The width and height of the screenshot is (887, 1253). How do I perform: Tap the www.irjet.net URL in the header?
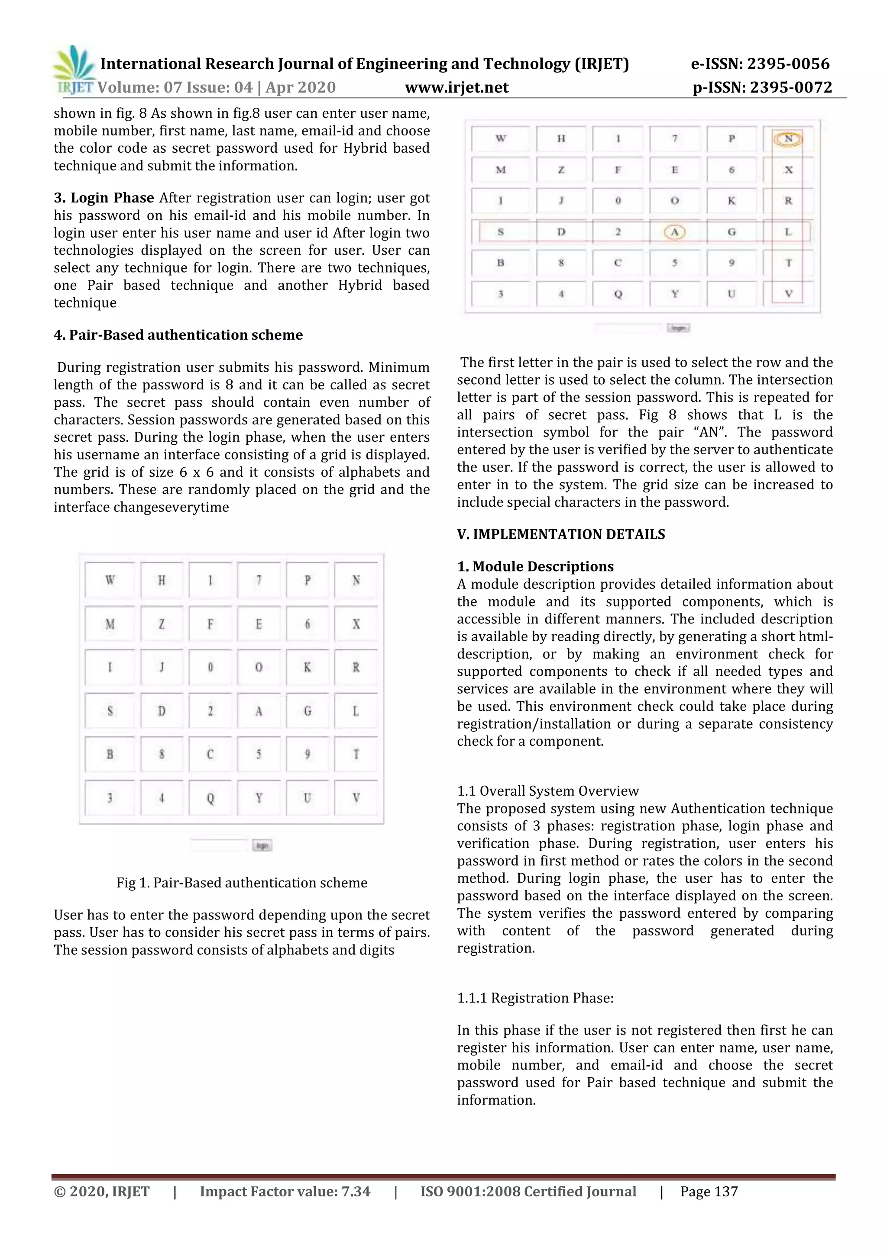(x=456, y=87)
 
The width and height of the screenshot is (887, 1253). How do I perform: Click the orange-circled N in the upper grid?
(x=787, y=138)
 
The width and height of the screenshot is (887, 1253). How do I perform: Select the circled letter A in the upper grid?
(x=674, y=232)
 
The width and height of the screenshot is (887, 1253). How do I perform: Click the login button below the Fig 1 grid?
(x=262, y=845)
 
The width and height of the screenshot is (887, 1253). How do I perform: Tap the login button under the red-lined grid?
(x=678, y=328)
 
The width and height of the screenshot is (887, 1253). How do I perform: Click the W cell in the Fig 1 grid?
(x=110, y=580)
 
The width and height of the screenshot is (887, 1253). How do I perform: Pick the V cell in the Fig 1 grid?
(x=356, y=798)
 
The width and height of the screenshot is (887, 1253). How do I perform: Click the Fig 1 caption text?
(x=241, y=883)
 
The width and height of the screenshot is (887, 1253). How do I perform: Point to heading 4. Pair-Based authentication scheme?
(x=178, y=334)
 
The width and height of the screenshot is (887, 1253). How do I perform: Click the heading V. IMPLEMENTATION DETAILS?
(x=561, y=534)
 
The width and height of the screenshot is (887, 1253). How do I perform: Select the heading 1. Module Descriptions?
(x=535, y=566)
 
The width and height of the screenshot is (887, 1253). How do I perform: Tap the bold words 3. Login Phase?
(x=104, y=198)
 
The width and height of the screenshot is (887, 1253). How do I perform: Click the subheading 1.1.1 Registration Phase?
(x=535, y=998)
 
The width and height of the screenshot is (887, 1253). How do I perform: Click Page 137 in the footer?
(x=709, y=1191)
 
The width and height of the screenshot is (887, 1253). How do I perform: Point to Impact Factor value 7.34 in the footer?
(x=285, y=1191)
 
